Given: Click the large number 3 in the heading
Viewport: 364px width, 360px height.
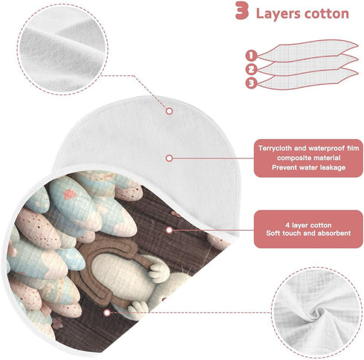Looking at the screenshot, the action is coord(241,10).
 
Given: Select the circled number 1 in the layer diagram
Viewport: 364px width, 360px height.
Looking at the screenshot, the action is coord(251,55).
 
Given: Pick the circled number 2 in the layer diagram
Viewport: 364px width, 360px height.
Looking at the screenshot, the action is coord(251,69).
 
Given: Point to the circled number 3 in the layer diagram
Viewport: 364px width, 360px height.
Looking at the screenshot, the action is coord(251,83).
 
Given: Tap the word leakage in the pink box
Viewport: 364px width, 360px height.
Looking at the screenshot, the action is coord(333,167).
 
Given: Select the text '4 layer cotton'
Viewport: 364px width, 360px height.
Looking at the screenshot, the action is coord(308,225).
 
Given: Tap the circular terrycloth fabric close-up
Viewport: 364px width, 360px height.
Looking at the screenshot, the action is coord(62,49).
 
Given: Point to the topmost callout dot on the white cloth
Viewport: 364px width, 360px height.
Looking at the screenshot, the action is coord(169,111).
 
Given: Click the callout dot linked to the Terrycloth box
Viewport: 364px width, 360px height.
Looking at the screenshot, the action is coord(169,158).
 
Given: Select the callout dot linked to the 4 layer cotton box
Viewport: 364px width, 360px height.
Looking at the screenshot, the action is coord(169,230).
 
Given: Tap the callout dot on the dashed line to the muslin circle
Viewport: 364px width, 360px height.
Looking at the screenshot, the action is coord(107,312).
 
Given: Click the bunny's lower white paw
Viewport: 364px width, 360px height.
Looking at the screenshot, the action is coord(137,309).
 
